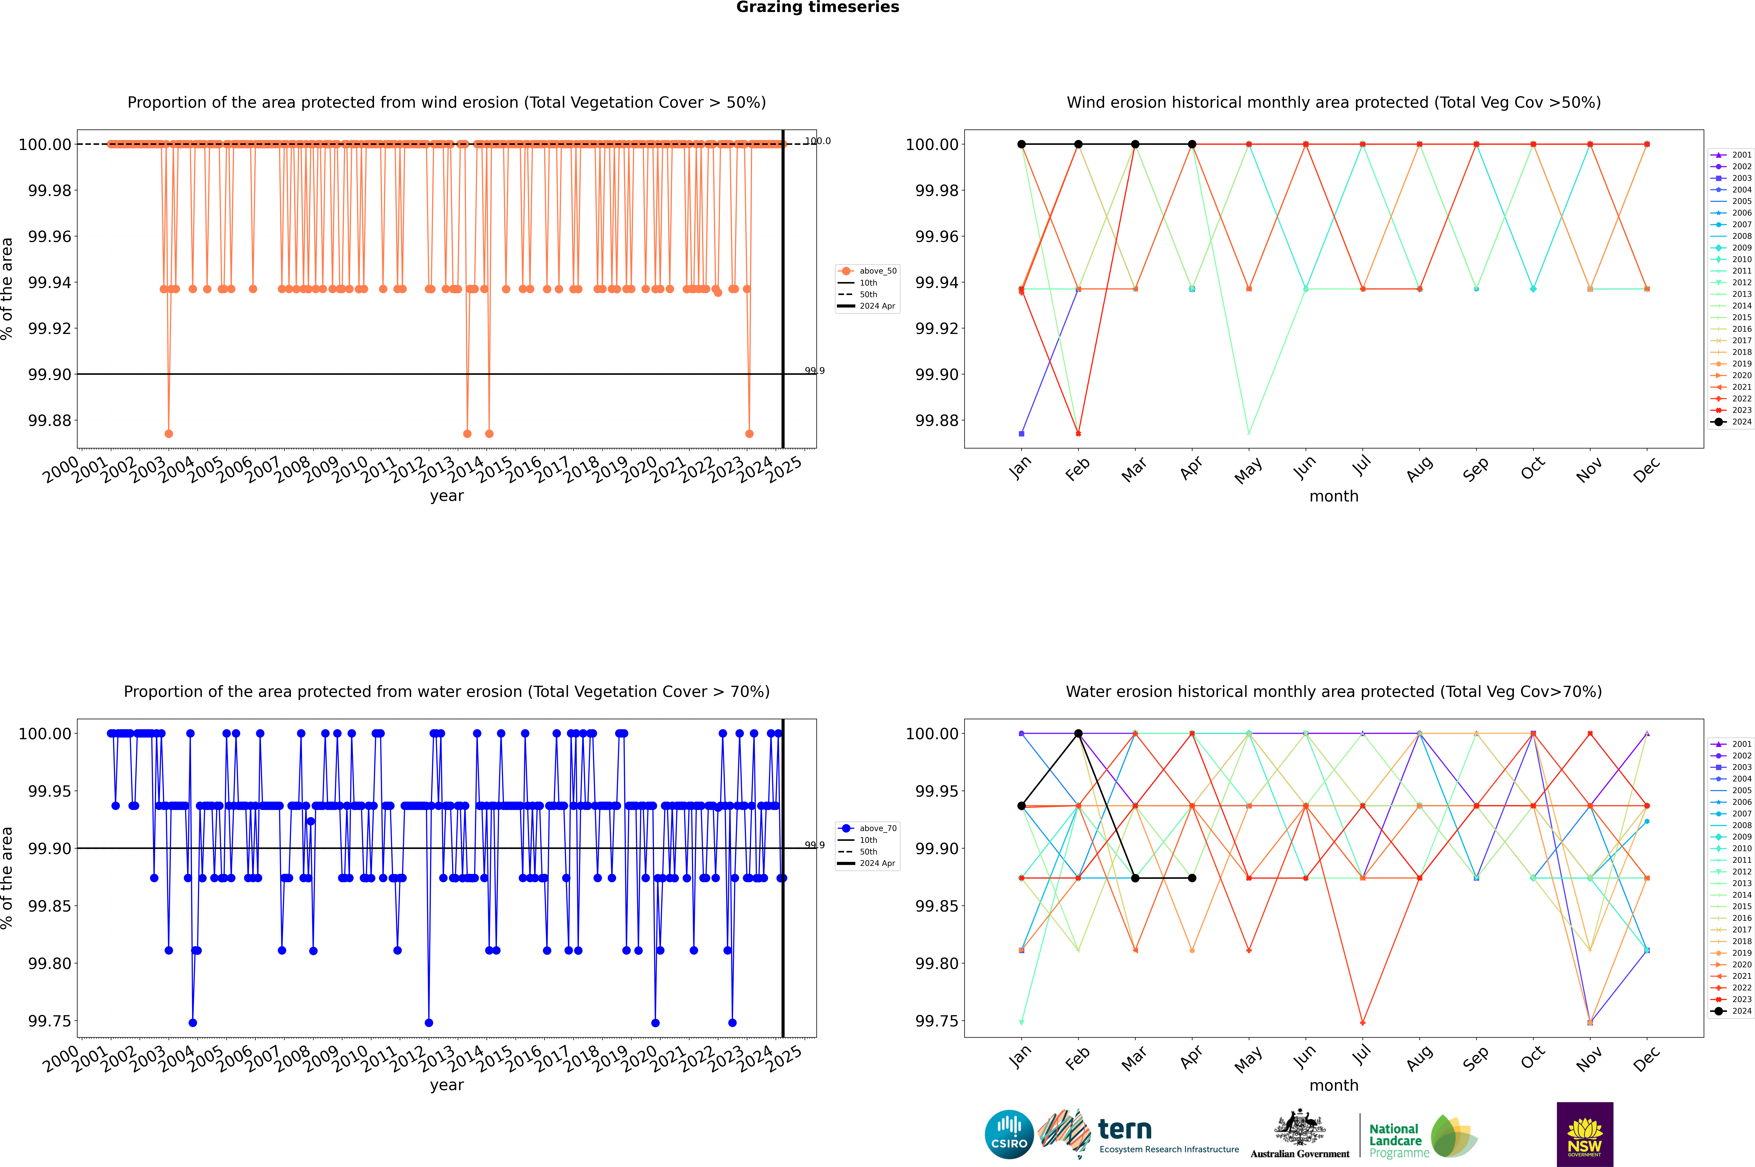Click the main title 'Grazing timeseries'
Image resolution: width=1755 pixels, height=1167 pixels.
pyautogui.click(x=817, y=7)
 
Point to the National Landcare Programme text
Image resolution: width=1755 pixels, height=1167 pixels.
pyautogui.click(x=1396, y=1140)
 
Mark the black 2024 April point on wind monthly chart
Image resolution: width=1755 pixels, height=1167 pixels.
pyautogui.click(x=1192, y=144)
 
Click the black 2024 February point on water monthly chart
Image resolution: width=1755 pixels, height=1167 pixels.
pyautogui.click(x=1078, y=734)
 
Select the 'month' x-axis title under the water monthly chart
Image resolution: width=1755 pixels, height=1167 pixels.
pyautogui.click(x=1333, y=1085)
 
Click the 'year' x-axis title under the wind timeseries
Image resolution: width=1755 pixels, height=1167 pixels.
pyautogui.click(x=446, y=496)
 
